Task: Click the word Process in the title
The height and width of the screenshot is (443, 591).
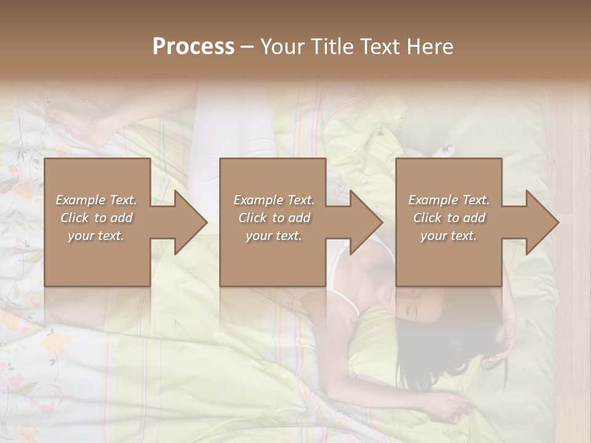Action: (193, 47)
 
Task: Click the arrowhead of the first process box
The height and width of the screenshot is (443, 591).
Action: (188, 222)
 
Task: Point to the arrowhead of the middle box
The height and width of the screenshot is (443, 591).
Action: (364, 222)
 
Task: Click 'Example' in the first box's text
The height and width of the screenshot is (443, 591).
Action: (81, 200)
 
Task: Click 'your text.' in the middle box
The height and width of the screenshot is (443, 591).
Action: (273, 236)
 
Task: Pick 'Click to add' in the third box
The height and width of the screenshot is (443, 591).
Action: (449, 218)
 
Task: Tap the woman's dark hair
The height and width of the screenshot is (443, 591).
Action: (431, 351)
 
